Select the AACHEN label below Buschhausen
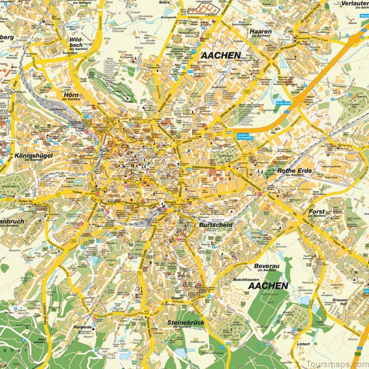(x=268, y=286)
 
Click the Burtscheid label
(x=216, y=225)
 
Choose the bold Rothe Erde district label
(x=295, y=171)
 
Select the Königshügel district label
(x=33, y=155)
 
